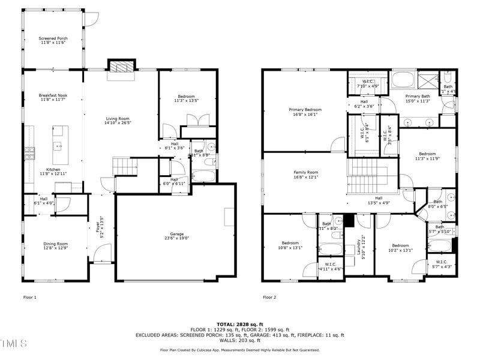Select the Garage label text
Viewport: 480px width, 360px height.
click(176, 234)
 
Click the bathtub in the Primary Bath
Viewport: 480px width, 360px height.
click(404, 80)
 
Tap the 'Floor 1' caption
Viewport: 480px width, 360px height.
click(30, 297)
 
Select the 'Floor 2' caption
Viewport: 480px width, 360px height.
click(269, 297)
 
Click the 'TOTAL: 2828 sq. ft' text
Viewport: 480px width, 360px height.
click(240, 324)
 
